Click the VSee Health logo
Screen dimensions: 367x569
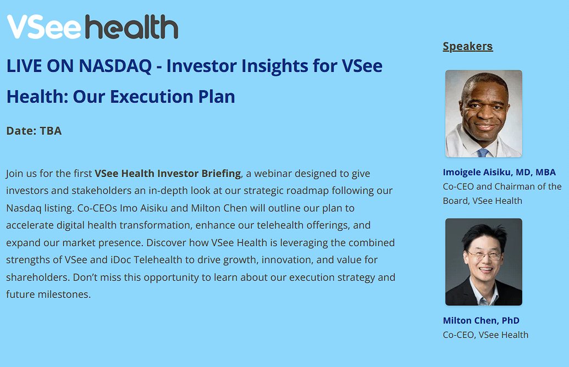92,27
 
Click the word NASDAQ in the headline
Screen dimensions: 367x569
115,66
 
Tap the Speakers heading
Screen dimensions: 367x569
468,46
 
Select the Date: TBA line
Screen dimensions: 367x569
34,131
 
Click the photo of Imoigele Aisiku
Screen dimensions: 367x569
483,114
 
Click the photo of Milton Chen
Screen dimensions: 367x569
483,262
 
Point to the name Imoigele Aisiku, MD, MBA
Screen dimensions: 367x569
499,173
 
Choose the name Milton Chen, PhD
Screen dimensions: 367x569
481,321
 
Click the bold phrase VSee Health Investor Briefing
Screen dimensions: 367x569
168,174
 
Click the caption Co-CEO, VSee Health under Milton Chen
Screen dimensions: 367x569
485,335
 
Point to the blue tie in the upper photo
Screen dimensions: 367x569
483,152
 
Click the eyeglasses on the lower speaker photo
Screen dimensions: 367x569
483,254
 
